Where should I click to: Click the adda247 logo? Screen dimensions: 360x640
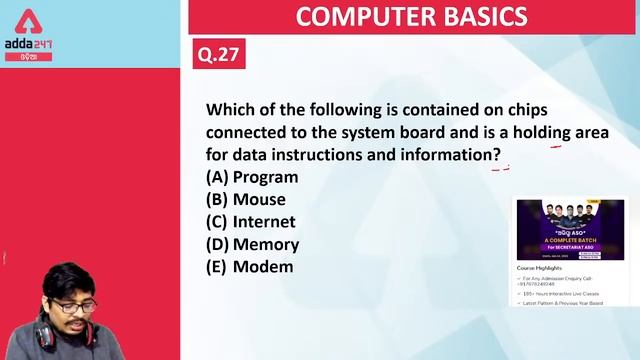(28, 46)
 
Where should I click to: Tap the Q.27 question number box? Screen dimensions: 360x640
(219, 53)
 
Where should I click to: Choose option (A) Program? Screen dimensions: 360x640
(252, 177)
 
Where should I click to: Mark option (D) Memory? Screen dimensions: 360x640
(252, 243)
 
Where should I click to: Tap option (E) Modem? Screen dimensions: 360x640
(249, 266)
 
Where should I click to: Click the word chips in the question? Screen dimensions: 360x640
(527, 109)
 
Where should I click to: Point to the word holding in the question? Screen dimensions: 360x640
(541, 132)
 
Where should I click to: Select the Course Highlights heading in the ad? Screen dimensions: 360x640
(540, 268)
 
